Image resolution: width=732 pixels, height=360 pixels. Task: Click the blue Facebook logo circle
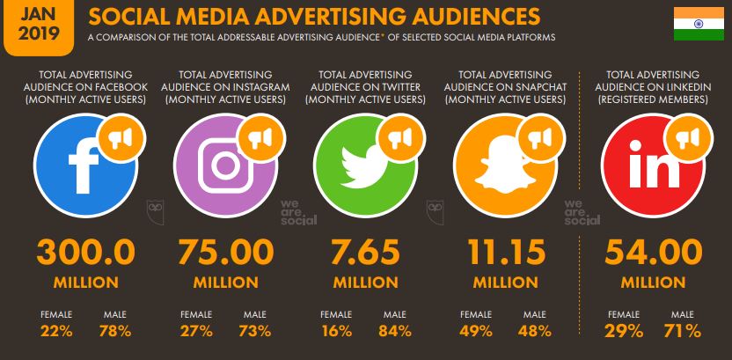tap(79, 162)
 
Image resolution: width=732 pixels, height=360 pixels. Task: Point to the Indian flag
tap(699, 24)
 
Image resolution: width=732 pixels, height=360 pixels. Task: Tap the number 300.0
tap(86, 253)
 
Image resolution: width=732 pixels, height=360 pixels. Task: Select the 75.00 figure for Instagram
tap(225, 253)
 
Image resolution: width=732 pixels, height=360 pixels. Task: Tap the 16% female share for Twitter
tap(337, 332)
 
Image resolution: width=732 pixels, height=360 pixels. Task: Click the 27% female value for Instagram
tap(196, 332)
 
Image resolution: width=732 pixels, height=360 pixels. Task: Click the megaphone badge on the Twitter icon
tap(400, 136)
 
